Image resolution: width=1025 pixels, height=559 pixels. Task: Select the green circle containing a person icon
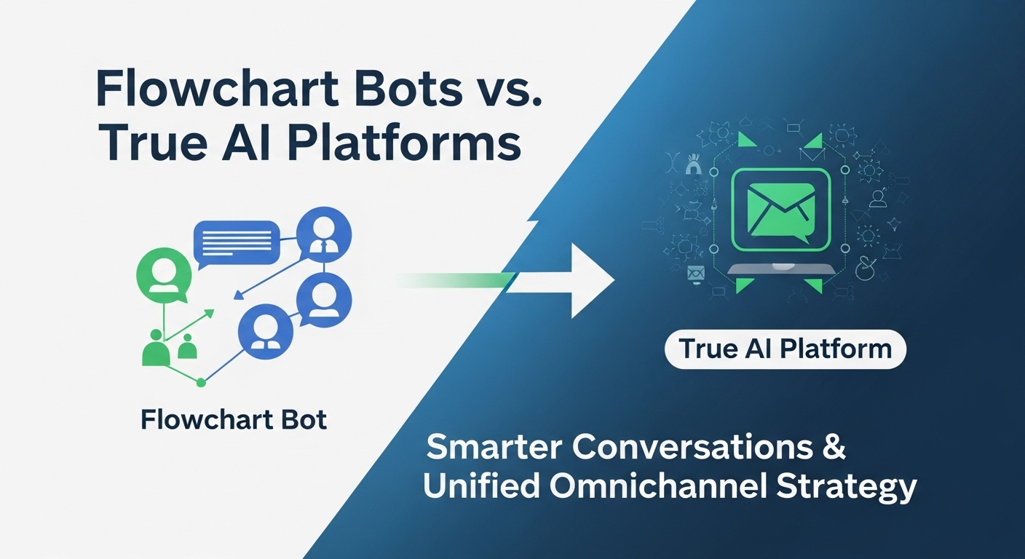tap(164, 275)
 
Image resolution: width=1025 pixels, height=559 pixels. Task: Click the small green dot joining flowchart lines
tap(202, 381)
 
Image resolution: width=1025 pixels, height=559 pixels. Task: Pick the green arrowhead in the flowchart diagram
tap(209, 314)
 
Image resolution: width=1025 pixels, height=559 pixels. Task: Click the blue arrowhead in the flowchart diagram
tap(237, 296)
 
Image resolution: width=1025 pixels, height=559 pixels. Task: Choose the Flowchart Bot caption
tap(234, 420)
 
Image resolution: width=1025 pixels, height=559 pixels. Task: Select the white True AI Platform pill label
tap(785, 349)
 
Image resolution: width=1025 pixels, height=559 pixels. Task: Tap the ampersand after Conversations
tap(835, 446)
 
